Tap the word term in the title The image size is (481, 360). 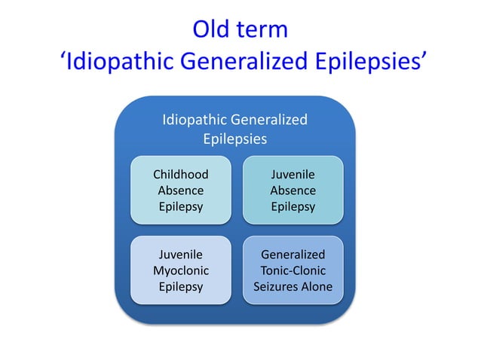(263, 29)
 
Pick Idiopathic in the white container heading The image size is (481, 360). (195, 119)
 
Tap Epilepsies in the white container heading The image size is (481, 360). (234, 139)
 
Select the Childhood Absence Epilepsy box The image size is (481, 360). (180, 190)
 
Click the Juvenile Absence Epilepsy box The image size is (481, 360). (293, 190)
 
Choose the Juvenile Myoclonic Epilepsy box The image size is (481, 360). (180, 270)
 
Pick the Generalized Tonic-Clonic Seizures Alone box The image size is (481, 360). (293, 270)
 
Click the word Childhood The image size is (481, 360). (180, 174)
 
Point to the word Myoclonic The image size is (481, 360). (180, 270)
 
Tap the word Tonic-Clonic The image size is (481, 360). (293, 270)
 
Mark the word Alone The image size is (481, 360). (317, 286)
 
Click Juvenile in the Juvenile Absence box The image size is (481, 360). (293, 174)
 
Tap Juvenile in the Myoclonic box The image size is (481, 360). (180, 255)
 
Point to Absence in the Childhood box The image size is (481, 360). (180, 191)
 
